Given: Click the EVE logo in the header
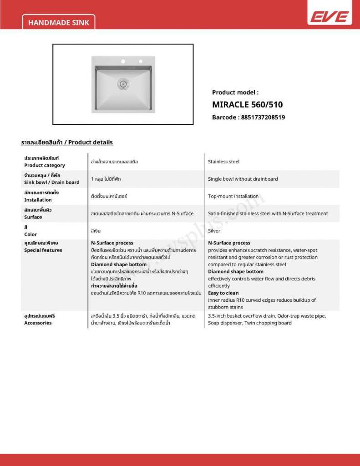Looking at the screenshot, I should click(x=330, y=17).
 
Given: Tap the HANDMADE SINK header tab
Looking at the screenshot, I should click(x=58, y=22).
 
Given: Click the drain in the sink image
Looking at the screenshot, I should click(x=122, y=83).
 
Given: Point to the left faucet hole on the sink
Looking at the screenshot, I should click(x=122, y=61).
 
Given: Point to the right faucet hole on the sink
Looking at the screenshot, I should click(x=140, y=61).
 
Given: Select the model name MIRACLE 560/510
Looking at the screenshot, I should click(x=247, y=105).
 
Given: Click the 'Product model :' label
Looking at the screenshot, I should click(x=235, y=92).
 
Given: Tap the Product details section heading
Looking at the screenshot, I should click(x=67, y=142).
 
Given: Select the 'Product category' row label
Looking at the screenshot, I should click(x=45, y=165).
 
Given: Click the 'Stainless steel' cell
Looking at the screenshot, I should click(x=223, y=162).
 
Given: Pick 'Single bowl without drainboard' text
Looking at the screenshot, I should click(x=243, y=179).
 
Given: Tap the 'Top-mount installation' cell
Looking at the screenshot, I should click(x=233, y=196).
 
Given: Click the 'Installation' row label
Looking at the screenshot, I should click(x=38, y=200).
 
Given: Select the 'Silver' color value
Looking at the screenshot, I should click(x=214, y=231).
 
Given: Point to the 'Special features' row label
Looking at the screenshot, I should click(x=43, y=250).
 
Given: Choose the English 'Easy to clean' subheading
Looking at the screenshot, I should click(x=223, y=293).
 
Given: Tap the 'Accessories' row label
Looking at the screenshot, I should click(x=38, y=323).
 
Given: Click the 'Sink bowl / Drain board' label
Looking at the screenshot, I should click(x=51, y=182).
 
